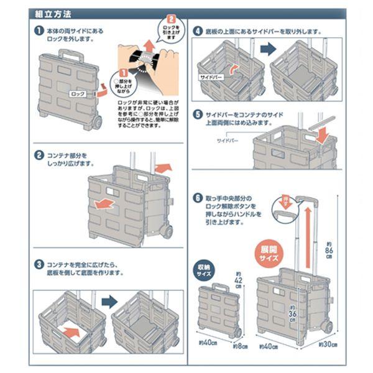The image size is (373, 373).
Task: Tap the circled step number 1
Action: (39, 29)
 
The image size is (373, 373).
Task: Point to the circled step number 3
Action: (39, 263)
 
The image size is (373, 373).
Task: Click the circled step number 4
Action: (197, 30)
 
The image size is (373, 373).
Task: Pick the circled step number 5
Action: (197, 116)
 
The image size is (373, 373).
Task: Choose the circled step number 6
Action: (197, 200)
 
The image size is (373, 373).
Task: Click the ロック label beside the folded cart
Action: (78, 94)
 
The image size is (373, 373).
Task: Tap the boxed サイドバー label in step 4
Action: (210, 78)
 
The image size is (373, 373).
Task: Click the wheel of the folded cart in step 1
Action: (98, 122)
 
